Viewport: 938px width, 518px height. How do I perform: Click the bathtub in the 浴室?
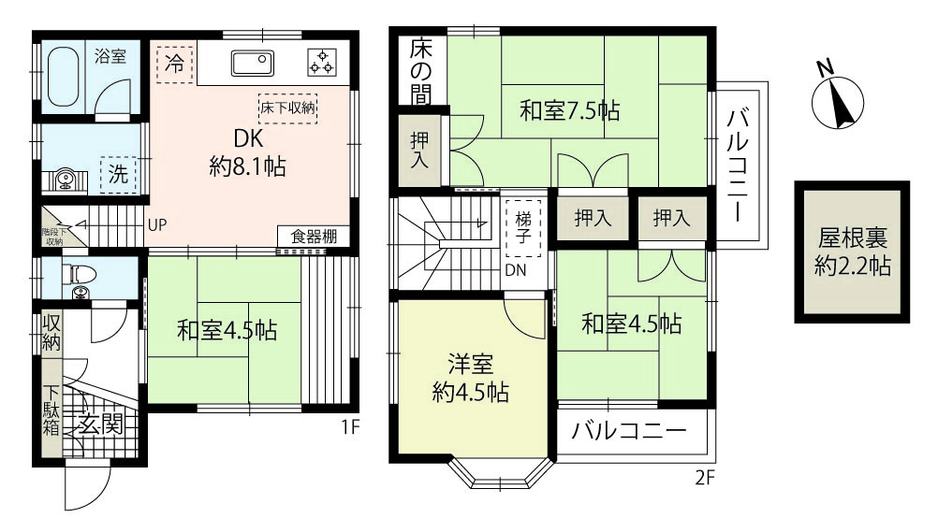click(x=63, y=77)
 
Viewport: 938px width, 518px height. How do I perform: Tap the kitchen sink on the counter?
click(x=253, y=63)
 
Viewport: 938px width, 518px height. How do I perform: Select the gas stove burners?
click(x=322, y=62)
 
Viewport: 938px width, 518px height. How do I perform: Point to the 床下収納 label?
click(x=287, y=108)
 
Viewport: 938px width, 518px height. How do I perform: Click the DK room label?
click(x=248, y=138)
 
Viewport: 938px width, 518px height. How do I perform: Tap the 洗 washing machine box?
click(x=118, y=175)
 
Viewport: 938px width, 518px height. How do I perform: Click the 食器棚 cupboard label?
click(x=314, y=236)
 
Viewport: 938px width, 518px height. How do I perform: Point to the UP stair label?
click(x=157, y=225)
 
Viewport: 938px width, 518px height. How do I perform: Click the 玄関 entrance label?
click(x=101, y=424)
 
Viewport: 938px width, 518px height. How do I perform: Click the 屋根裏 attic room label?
click(x=853, y=239)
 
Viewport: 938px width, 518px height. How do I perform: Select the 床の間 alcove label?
click(x=421, y=72)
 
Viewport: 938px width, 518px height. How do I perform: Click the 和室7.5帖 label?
click(x=569, y=110)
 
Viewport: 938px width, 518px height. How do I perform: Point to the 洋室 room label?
click(x=471, y=365)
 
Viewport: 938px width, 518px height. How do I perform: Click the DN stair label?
click(x=516, y=270)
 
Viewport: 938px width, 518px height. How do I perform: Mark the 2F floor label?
click(x=705, y=478)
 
